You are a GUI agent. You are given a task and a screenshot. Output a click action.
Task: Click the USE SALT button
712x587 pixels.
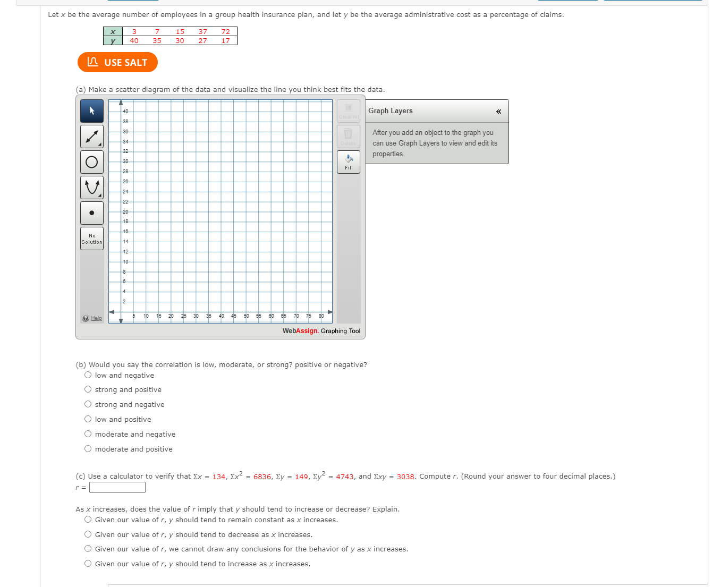tap(117, 62)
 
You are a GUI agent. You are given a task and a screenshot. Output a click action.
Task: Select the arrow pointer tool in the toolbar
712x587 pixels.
tap(92, 111)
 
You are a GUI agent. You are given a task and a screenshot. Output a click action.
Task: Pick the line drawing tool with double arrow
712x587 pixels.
tap(92, 137)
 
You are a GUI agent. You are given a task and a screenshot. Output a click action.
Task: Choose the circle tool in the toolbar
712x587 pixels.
tap(92, 162)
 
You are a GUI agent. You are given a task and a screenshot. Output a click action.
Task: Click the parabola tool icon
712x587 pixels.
tap(92, 188)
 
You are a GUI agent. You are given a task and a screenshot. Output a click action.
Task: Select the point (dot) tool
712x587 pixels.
tap(92, 213)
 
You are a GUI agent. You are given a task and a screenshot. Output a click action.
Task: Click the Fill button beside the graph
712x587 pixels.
tap(349, 162)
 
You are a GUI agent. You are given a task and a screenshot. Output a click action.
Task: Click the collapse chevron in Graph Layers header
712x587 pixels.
tap(498, 111)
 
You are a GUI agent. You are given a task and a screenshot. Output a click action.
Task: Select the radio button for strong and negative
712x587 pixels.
tap(88, 404)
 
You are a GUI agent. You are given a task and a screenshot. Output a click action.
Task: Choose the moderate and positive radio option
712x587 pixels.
tap(88, 449)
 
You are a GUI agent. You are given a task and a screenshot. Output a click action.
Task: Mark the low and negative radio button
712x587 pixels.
tap(88, 375)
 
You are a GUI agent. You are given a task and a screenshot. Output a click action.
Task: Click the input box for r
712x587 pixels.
tap(117, 487)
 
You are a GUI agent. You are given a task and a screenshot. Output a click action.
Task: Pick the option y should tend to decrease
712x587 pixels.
tap(88, 534)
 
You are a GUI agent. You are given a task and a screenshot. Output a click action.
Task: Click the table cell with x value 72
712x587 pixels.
tap(226, 32)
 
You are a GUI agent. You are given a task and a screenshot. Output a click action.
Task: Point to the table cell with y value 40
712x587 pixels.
tap(134, 40)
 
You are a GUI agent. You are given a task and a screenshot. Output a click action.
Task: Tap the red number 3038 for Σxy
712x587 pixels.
tap(405, 477)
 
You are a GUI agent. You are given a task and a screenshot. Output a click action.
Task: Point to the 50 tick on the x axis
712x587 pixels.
tap(247, 316)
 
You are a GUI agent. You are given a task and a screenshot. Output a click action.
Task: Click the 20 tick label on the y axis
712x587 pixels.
tap(125, 211)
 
